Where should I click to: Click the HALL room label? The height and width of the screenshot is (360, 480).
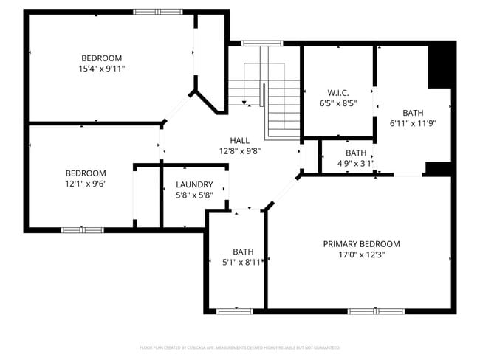[239, 140]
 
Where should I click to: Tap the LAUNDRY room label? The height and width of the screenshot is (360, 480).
[194, 184]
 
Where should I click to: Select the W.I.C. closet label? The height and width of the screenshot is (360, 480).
[338, 93]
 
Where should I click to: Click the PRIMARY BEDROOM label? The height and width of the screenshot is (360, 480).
[361, 244]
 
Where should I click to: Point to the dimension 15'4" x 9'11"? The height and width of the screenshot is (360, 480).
[101, 69]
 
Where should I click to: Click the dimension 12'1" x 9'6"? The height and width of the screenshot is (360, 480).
[86, 184]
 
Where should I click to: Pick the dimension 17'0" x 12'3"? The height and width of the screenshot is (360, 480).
[361, 255]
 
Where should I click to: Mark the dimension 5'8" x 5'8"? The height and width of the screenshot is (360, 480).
[194, 195]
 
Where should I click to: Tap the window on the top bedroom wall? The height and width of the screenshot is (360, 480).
[157, 12]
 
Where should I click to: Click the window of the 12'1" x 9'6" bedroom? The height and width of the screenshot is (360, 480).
[82, 230]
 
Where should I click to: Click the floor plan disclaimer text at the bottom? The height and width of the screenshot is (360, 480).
[239, 347]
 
